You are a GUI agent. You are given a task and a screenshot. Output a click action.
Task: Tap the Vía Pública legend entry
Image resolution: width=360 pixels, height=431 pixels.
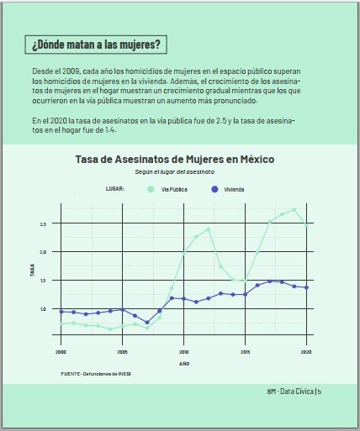click(173, 189)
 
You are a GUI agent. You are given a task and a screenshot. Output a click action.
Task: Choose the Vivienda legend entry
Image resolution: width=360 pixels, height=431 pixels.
click(234, 189)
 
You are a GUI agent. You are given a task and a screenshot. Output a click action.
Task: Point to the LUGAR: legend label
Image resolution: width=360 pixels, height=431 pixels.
click(114, 189)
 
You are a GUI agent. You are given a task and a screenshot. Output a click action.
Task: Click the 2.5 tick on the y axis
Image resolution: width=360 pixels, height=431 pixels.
click(43, 224)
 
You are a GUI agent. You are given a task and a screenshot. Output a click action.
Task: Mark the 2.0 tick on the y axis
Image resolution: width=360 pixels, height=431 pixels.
click(43, 252)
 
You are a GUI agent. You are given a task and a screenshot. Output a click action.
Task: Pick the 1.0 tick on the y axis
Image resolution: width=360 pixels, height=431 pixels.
click(43, 309)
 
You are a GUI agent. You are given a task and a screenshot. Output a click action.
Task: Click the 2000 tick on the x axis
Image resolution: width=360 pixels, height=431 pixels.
click(61, 351)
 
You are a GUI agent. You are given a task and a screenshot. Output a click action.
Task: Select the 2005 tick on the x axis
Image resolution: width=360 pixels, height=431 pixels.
click(123, 351)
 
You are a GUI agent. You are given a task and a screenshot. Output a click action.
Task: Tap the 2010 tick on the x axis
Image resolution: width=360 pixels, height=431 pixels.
click(184, 351)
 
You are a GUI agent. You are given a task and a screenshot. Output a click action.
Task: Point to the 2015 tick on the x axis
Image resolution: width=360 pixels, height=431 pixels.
click(245, 351)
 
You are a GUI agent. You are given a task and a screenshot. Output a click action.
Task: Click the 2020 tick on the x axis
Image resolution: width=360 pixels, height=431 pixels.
click(306, 351)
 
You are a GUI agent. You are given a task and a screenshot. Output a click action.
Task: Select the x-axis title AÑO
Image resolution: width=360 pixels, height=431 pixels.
click(184, 364)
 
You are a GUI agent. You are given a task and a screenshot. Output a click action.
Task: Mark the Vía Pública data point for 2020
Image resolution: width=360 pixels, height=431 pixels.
click(306, 224)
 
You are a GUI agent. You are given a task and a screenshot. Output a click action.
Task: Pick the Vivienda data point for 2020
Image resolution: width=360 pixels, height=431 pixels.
click(306, 287)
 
